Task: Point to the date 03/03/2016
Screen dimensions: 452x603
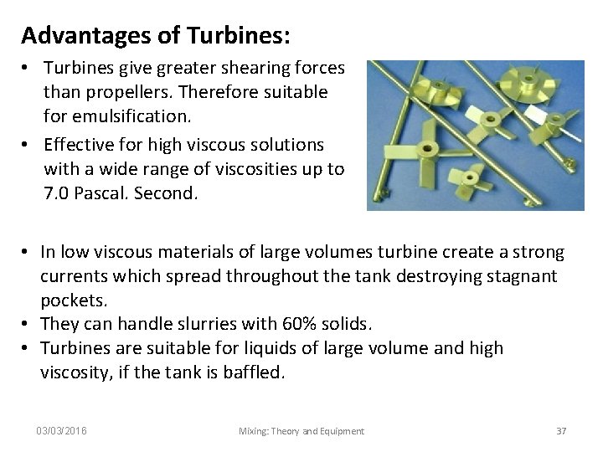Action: point(63,431)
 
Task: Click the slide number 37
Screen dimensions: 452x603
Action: point(562,431)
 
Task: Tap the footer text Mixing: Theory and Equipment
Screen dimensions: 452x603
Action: point(301,431)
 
